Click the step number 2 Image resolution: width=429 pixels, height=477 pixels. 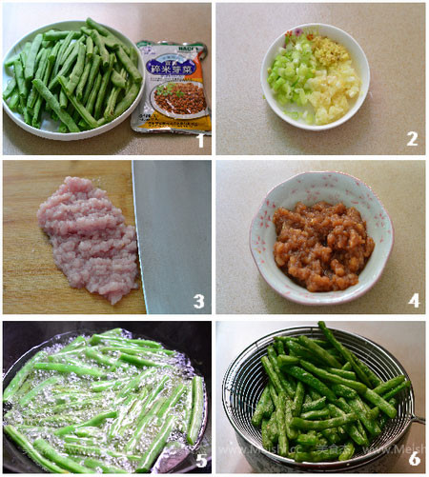coord(412,139)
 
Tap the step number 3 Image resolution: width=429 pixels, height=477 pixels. coord(198,301)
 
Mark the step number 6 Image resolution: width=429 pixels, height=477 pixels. coord(412,458)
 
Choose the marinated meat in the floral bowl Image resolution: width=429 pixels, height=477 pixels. coord(322,245)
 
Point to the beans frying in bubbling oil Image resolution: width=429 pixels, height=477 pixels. coord(105,400)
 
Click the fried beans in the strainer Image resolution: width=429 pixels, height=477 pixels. coord(324,400)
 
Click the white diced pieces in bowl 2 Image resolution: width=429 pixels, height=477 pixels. coord(334,90)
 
